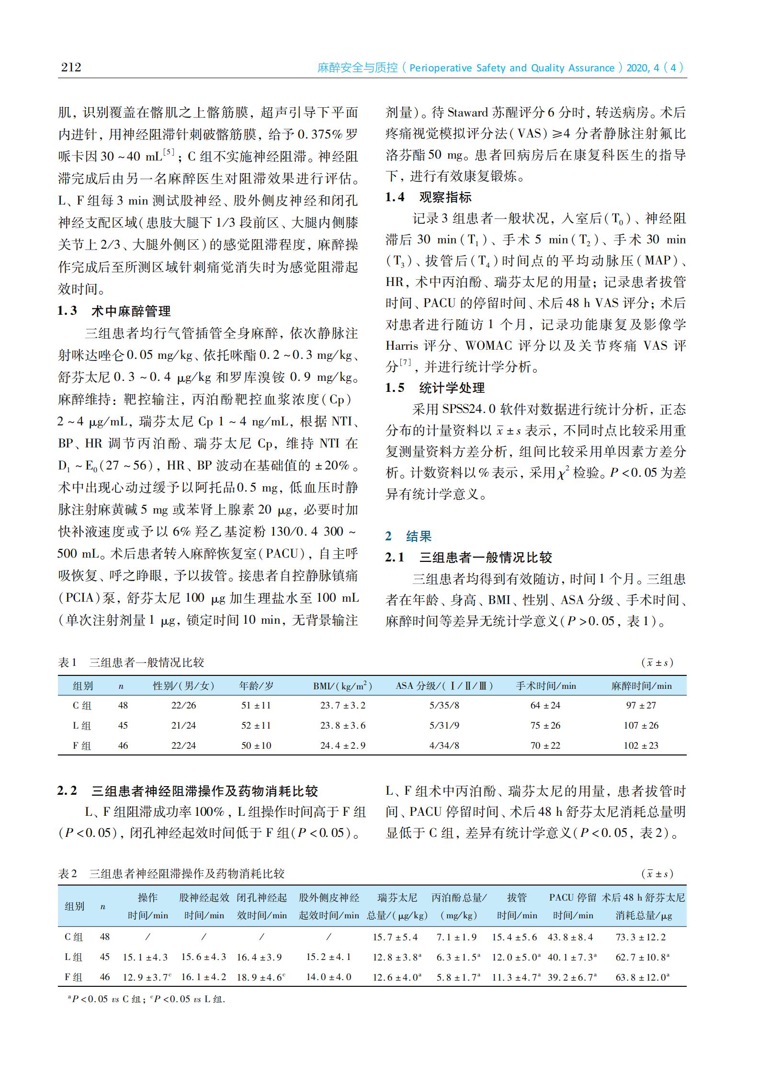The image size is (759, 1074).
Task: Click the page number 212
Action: point(71,67)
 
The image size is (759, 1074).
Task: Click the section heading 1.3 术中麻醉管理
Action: point(114,311)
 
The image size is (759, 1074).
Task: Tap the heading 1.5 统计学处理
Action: point(435,388)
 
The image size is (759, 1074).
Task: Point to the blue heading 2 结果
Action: point(408,536)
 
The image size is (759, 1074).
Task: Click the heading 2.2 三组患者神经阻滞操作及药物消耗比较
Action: point(188,791)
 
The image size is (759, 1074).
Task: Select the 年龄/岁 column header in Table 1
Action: point(256,686)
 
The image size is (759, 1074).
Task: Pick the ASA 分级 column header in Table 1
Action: point(444,686)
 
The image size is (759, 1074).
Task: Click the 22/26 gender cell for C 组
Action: point(184,706)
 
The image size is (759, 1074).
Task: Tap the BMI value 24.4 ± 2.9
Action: point(343,745)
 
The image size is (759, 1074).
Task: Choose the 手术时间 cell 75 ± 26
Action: point(545,725)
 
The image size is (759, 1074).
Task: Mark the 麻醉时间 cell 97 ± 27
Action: point(641,706)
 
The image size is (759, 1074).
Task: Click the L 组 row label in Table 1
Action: point(82,725)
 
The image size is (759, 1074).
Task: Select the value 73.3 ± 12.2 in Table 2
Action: point(641,937)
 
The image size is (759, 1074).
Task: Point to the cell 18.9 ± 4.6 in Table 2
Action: point(261,977)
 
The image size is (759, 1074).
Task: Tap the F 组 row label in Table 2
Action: point(74,977)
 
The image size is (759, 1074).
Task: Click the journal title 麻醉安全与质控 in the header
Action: point(357,68)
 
